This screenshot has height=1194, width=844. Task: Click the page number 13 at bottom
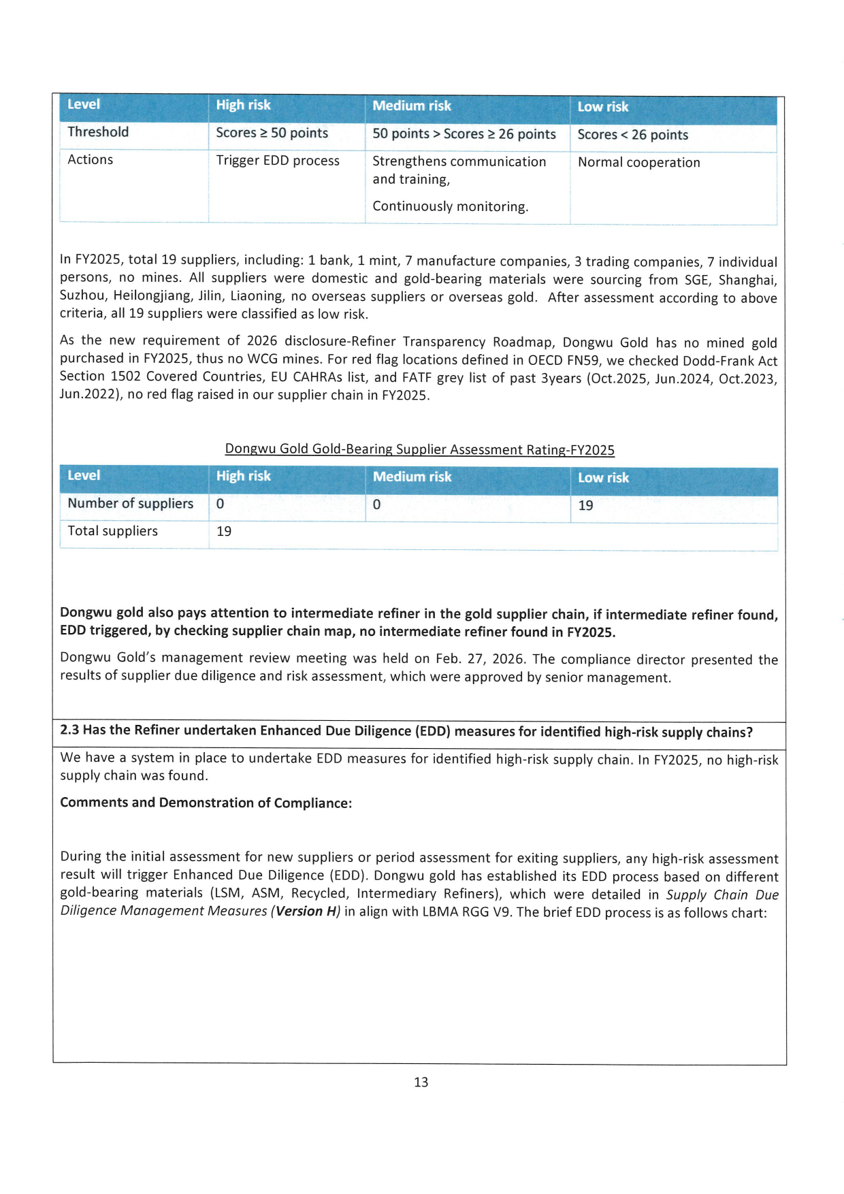pos(421,1082)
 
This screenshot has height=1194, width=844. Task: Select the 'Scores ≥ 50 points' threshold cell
pos(272,133)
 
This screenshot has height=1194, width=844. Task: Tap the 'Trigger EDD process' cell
pos(277,161)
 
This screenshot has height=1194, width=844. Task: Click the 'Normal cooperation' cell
pos(638,163)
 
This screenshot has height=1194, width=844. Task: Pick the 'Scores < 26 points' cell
pos(632,135)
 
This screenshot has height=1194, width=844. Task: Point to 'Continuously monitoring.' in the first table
pos(450,206)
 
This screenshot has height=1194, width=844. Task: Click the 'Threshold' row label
pos(98,132)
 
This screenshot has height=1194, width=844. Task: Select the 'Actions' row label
pos(91,160)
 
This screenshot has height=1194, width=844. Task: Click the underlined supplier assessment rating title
pos(419,449)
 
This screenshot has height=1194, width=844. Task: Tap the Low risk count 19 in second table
pos(585,505)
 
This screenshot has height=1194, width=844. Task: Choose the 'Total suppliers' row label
pos(112,531)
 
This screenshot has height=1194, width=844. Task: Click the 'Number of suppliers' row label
pos(130,503)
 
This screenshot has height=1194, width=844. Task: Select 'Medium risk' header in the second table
pos(412,477)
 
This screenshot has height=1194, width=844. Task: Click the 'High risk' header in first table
pos(243,105)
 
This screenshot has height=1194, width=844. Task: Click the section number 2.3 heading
pos(69,730)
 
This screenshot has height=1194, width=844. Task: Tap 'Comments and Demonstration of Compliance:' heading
pos(206,803)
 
